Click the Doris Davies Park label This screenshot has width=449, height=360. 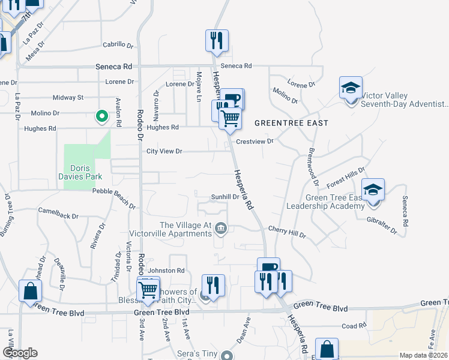85,172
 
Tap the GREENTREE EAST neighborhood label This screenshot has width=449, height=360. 291,123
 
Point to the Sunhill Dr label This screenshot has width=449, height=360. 225,197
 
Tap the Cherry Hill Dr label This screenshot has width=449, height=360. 287,230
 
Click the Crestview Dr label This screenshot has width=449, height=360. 255,142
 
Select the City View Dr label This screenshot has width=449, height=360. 164,151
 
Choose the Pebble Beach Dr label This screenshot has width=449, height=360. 114,198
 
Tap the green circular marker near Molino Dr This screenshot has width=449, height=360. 102,116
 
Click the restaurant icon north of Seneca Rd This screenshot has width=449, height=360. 216,41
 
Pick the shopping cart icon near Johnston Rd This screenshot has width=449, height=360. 148,290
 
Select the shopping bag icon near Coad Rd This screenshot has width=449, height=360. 327,349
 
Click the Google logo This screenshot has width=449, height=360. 20,353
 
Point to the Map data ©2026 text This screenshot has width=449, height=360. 423,355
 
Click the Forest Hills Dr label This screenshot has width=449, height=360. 346,178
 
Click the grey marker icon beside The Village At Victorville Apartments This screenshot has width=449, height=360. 221,227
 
